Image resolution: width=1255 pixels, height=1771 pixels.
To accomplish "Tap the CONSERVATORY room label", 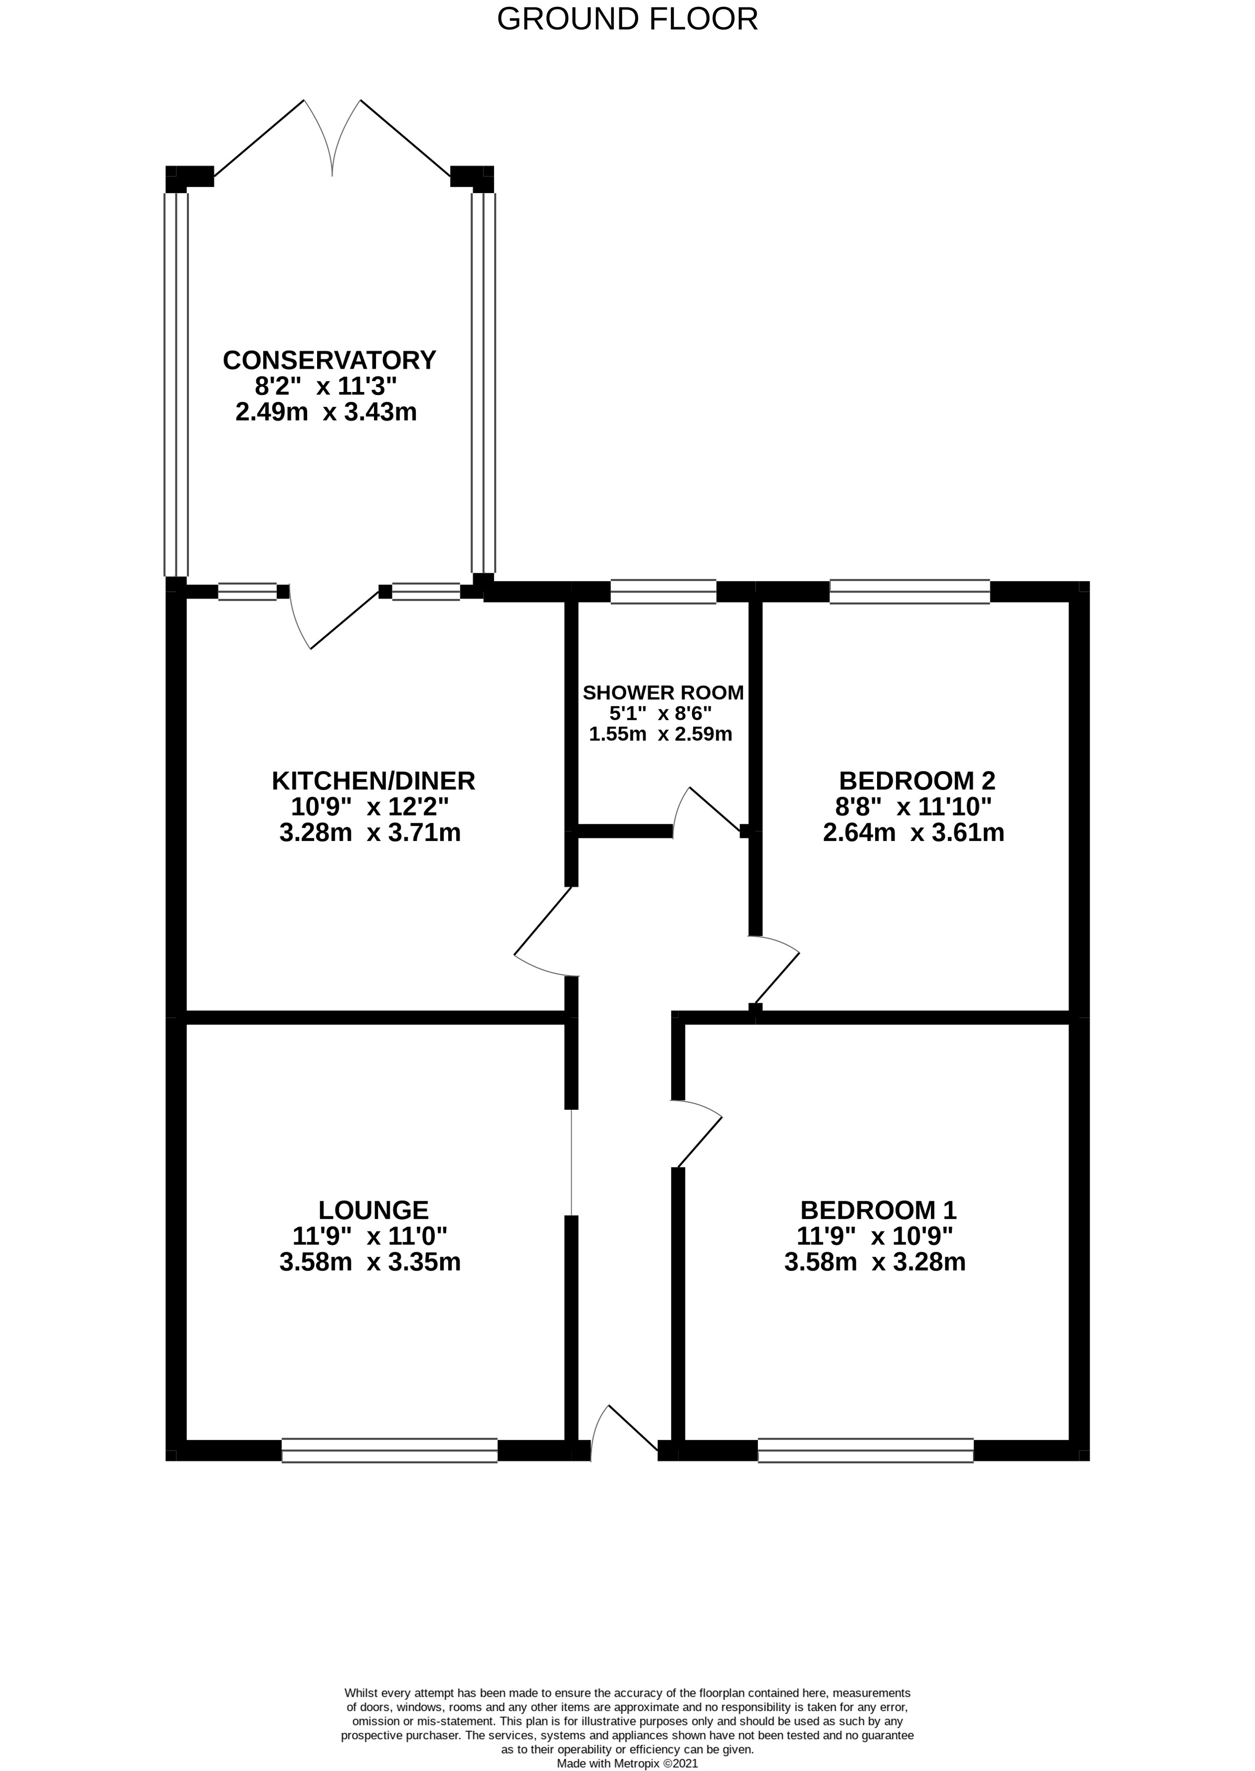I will [x=329, y=360].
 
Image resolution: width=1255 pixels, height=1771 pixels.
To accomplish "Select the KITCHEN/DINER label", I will [x=373, y=781].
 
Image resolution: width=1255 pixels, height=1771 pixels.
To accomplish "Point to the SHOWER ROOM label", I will [x=663, y=692].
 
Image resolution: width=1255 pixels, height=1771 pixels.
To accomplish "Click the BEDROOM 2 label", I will [x=917, y=781].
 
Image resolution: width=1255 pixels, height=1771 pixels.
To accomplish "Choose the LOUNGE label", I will [x=373, y=1210].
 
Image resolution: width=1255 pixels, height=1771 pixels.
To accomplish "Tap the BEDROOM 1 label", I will [x=878, y=1210].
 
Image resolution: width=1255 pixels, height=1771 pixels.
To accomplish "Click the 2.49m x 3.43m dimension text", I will [x=326, y=412].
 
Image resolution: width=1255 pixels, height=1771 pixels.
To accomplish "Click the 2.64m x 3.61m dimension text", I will [x=914, y=833].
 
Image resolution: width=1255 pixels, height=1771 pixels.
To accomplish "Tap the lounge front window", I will [x=389, y=1450].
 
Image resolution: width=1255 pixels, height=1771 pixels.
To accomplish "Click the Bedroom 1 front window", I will [x=866, y=1450].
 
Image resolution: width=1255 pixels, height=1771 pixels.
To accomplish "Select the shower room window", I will [x=663, y=591].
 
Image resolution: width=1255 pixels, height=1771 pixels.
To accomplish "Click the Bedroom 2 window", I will [x=910, y=591].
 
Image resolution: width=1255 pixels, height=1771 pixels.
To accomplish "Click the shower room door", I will [x=707, y=812].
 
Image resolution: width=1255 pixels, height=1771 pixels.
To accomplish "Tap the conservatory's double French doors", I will [x=332, y=139].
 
